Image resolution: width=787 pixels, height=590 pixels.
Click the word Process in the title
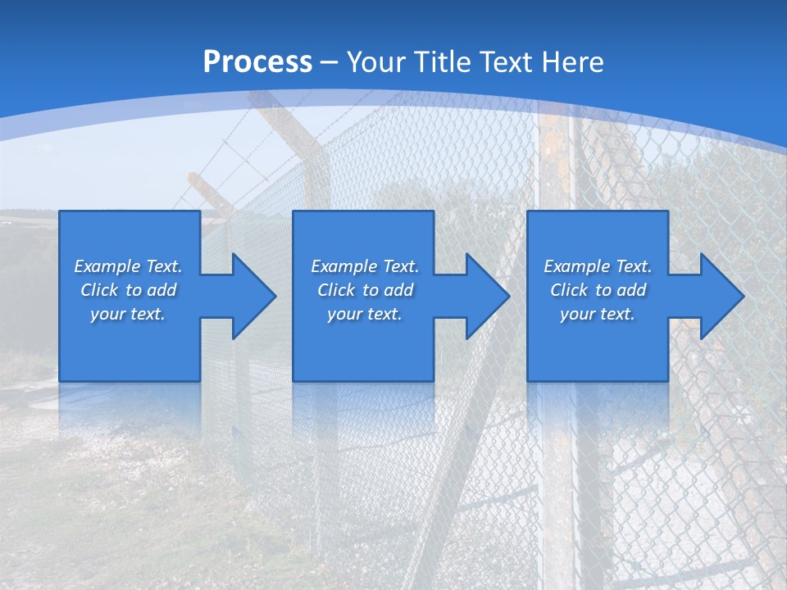pos(257,62)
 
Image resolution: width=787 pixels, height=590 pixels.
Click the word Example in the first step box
pos(107,266)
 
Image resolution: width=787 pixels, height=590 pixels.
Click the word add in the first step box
pos(162,290)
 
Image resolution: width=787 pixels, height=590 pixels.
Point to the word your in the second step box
pos(344,314)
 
